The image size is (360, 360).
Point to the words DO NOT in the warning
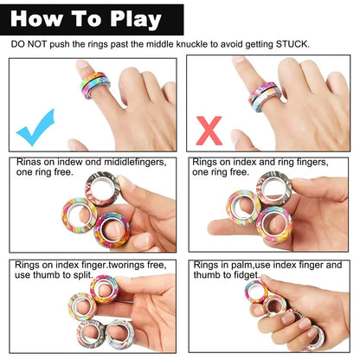click(x=28, y=43)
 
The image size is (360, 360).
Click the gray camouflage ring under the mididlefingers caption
click(x=102, y=189)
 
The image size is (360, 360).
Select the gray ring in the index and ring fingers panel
click(x=273, y=188)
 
